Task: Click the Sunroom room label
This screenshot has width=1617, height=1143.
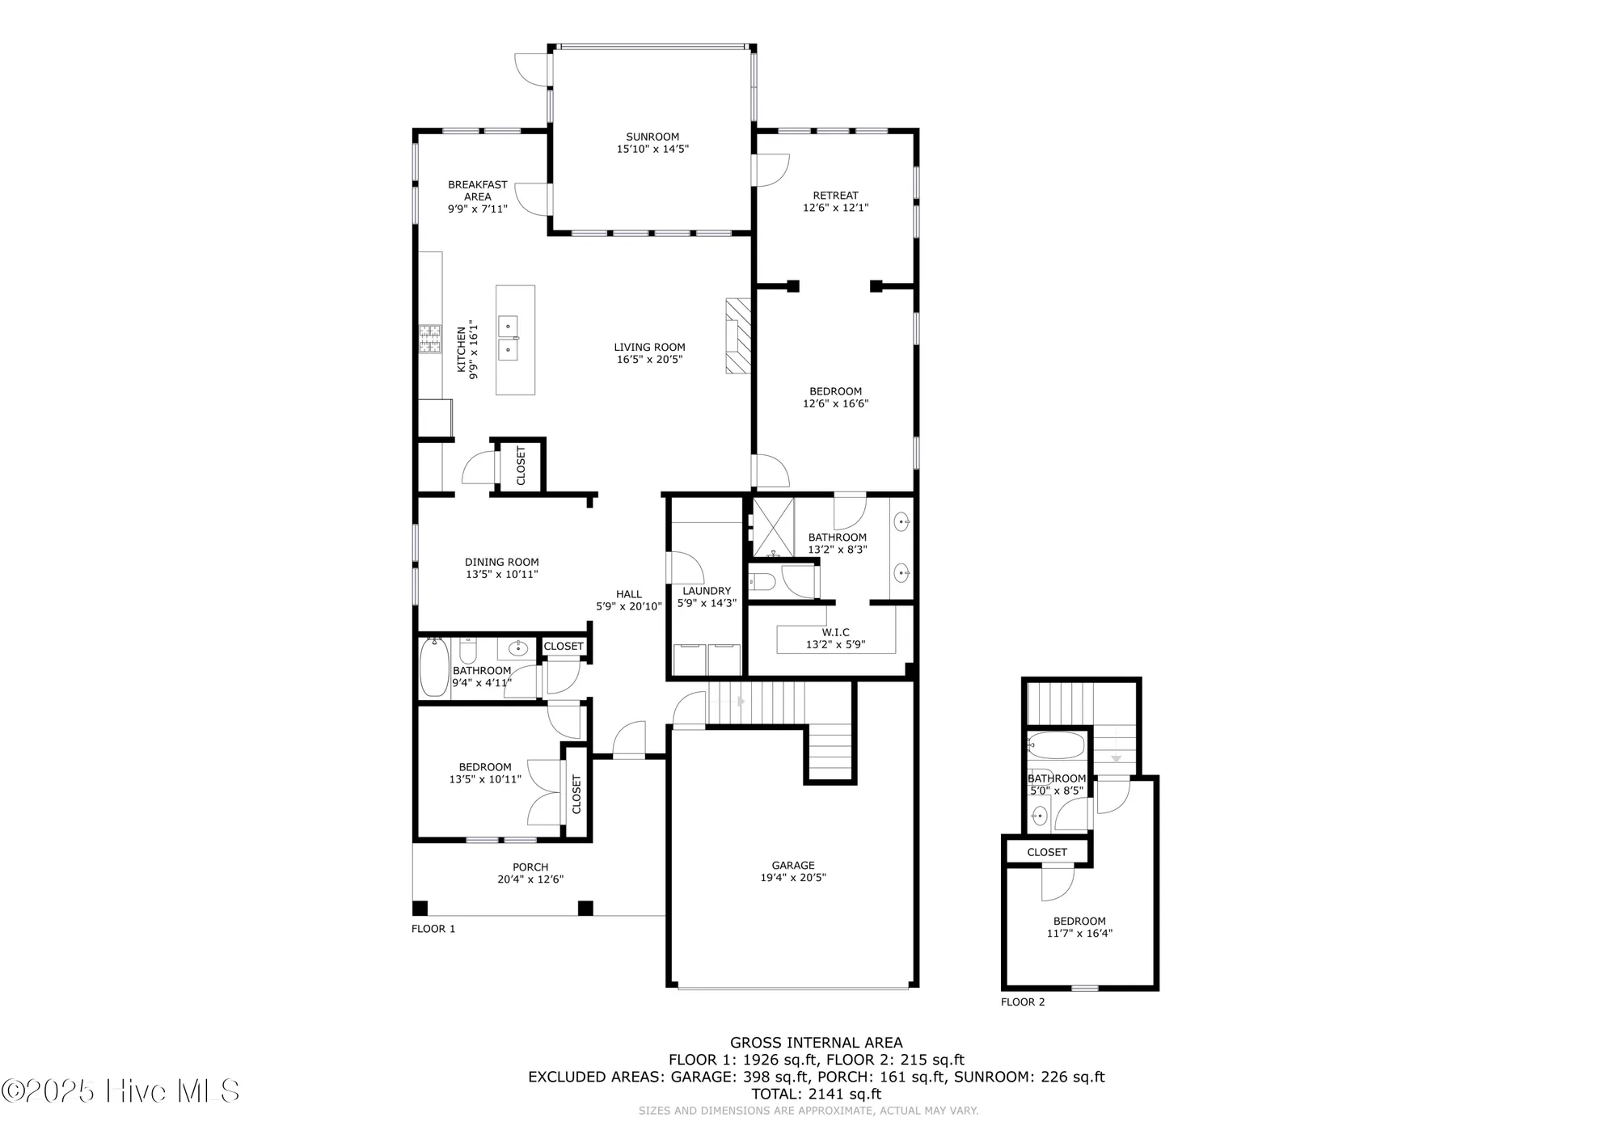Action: pos(652,137)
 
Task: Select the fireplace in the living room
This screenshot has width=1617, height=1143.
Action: pos(737,336)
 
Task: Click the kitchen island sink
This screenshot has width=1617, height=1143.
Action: pos(509,338)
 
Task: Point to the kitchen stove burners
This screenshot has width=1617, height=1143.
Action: pos(429,338)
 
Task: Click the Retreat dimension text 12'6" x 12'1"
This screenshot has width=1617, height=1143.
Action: pos(835,208)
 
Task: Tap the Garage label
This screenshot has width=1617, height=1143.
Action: pos(792,865)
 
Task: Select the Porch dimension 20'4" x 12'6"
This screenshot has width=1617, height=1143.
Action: pos(530,879)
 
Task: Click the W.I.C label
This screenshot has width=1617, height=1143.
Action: pos(835,632)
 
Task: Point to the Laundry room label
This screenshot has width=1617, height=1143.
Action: pos(706,591)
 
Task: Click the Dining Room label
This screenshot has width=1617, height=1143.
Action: pos(501,562)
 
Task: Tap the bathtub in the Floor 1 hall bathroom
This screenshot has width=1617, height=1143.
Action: pos(434,668)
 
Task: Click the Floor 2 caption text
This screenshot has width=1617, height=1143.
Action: pos(1023,1002)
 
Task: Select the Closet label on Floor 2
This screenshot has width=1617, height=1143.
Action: pos(1047,852)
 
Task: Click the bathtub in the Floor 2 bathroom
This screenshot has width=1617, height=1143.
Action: pos(1055,745)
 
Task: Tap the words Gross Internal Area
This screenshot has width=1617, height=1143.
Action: pos(816,1043)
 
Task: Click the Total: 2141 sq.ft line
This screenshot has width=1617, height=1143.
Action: pos(816,1094)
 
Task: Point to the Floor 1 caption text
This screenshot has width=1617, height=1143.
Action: pos(433,929)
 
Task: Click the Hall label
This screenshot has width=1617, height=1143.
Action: pos(629,594)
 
